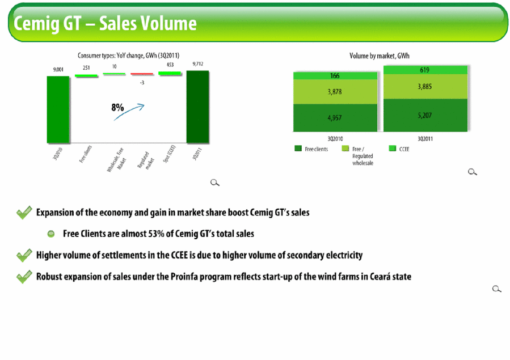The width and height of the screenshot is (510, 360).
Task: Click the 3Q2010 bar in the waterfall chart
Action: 58,109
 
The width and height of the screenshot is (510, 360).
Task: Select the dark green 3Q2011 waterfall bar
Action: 197,107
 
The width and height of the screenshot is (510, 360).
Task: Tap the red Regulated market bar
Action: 142,74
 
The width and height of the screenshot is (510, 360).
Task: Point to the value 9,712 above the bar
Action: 198,63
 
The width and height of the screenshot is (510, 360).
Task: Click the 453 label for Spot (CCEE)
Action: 170,65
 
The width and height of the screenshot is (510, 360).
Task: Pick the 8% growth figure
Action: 117,107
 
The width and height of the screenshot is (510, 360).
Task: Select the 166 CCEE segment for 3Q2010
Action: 335,76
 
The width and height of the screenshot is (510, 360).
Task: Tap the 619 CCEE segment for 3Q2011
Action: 425,70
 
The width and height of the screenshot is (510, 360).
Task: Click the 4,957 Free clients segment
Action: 335,117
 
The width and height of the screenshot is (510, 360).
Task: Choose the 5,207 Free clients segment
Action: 425,115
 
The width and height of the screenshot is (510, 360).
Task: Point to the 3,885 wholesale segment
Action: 425,87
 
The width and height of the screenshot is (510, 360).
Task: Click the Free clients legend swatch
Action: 298,149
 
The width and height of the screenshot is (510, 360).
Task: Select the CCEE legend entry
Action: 399,149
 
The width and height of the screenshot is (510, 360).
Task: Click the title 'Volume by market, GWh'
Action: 380,56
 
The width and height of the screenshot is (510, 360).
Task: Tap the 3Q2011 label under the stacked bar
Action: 425,139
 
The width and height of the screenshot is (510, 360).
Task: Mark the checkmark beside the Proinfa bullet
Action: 24,277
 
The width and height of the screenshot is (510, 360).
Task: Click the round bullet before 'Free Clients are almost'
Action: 50,234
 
